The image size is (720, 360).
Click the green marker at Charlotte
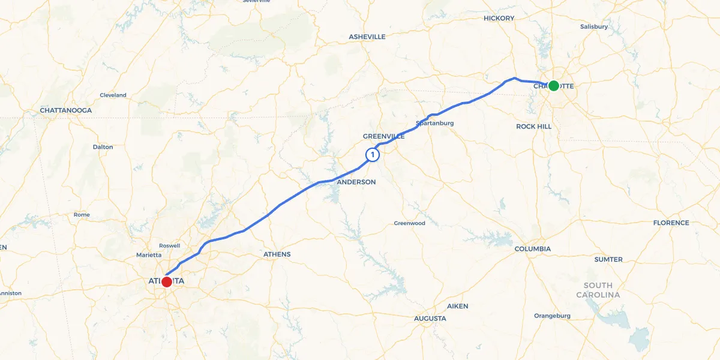pos(553,86)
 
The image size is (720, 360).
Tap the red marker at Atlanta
pos(167,281)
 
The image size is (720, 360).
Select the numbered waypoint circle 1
pos(373,155)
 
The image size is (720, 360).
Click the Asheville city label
pos(367,37)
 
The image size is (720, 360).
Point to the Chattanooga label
pos(65,110)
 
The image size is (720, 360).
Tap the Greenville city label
pos(383,136)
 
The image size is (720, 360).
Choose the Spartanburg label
pos(434,123)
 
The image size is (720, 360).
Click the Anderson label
pos(356,182)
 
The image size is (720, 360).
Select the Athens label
pos(277,254)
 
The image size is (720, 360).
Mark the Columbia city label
pos(533,248)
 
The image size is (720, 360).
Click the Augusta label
pos(430,318)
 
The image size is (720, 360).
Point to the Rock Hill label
pos(533,127)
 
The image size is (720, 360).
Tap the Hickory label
pos(499,18)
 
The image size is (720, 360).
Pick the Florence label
pos(671,223)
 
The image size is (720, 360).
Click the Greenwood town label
pos(409,223)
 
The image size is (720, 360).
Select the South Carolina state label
pos(598,290)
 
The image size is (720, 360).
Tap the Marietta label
pos(149,255)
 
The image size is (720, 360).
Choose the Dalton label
pos(103,147)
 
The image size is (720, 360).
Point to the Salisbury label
pos(594,26)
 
